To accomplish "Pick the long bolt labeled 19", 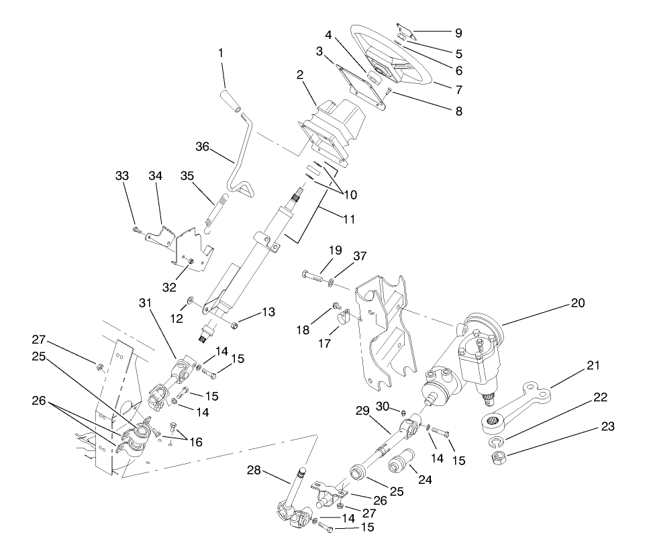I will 315,276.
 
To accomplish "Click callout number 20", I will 577,303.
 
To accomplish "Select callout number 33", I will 121,176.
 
